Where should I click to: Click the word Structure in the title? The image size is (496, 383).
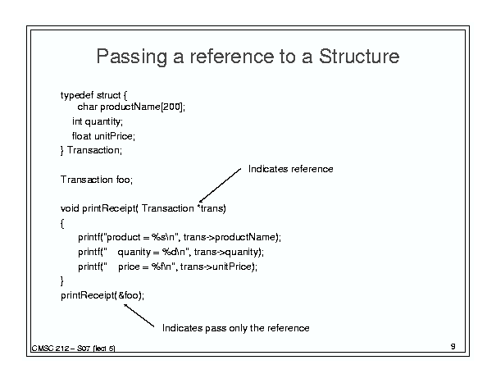(x=359, y=56)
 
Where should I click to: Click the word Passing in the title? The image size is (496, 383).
(x=132, y=57)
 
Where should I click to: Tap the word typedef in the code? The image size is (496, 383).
(x=77, y=95)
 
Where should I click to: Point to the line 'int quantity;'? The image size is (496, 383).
(x=98, y=121)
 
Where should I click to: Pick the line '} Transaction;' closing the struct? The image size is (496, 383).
(x=91, y=150)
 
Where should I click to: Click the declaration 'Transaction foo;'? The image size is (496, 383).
(x=97, y=180)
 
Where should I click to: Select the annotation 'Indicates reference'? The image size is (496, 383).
(x=291, y=169)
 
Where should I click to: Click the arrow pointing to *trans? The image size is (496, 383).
(x=220, y=185)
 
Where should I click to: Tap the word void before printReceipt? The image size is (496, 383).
(x=70, y=208)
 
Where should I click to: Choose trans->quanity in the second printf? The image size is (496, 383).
(x=226, y=252)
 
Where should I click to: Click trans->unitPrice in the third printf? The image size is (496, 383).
(x=216, y=267)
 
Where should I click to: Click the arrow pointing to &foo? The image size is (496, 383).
(x=139, y=315)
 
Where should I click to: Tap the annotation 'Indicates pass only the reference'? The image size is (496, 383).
(x=235, y=328)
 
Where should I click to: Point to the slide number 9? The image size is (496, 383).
(x=453, y=347)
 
